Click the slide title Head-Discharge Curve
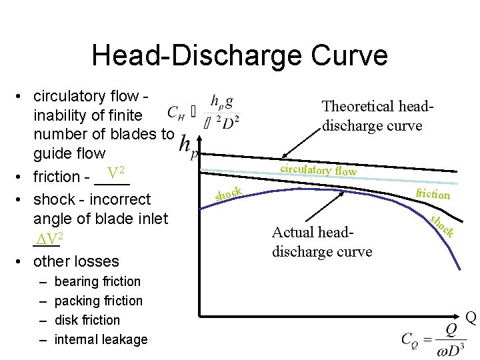click(x=239, y=55)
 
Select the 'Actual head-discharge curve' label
click(x=321, y=241)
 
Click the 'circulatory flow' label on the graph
click(x=318, y=169)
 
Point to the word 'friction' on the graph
click(x=433, y=194)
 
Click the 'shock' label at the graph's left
click(x=228, y=193)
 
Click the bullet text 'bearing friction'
click(x=97, y=281)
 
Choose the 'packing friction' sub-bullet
click(x=98, y=301)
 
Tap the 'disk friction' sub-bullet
click(x=87, y=320)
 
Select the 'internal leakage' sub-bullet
click(x=101, y=339)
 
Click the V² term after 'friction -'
click(x=117, y=175)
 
